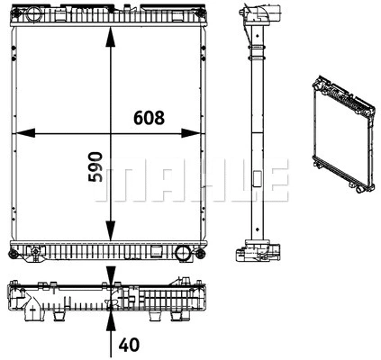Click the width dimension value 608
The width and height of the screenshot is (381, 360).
(149, 116)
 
